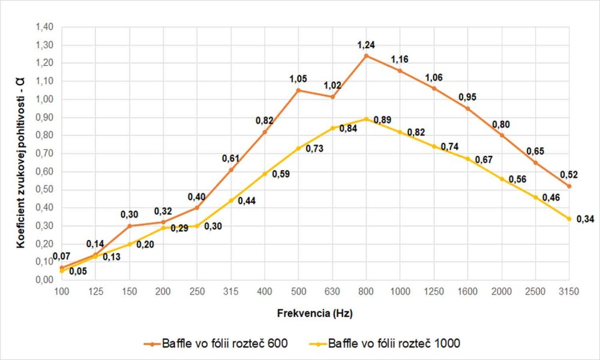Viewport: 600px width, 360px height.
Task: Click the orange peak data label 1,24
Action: (366, 46)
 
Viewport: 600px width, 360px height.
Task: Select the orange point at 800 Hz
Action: (366, 56)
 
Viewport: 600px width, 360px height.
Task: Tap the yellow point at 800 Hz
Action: (366, 119)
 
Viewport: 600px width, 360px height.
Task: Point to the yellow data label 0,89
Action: (383, 121)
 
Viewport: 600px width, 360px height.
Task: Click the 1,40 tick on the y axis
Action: (46, 27)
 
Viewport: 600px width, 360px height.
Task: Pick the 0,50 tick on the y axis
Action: (46, 190)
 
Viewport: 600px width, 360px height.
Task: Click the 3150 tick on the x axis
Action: (569, 292)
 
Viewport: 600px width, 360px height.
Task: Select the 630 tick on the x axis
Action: (332, 292)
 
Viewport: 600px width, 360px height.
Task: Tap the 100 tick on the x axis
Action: (61, 292)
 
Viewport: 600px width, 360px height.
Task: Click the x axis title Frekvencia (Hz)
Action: (315, 313)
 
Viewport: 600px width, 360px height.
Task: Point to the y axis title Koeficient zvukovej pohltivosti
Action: (20, 154)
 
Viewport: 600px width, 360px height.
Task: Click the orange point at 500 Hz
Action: (298, 90)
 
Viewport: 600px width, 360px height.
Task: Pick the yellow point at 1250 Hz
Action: (434, 146)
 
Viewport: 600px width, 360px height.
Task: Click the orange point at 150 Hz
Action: (129, 226)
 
